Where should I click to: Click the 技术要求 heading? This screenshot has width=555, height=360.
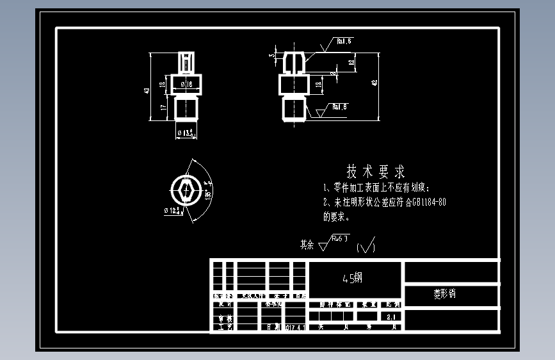tap(376, 172)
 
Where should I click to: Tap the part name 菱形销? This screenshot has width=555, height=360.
tap(445, 294)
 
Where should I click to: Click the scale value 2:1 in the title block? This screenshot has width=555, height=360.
tap(392, 316)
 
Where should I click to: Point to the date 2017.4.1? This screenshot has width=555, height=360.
tap(294, 327)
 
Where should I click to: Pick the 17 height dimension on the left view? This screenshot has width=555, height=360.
tap(164, 108)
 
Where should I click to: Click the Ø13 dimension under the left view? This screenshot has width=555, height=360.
tap(186, 134)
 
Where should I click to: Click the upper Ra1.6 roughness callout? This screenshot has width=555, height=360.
tap(344, 41)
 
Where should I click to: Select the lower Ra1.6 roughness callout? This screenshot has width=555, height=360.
tap(339, 106)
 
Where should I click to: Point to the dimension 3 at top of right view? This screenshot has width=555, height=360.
tap(271, 56)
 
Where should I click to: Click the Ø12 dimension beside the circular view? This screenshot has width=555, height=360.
tap(173, 211)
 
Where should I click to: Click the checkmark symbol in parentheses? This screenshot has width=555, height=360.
tap(366, 246)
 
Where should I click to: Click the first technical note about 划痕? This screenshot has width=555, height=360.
tap(378, 188)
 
